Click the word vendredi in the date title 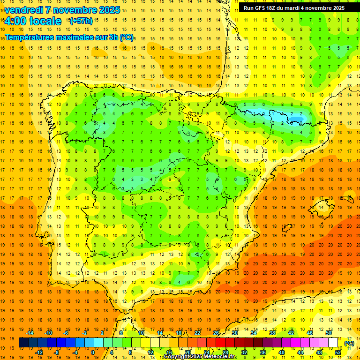coord(23,10)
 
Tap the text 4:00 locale coord(33,21)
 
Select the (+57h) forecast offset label coord(81,21)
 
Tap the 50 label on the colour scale coord(328,333)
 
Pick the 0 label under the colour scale coord(93,352)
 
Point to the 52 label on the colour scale coord(337,352)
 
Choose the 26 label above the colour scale coord(216,333)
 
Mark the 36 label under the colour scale coord(263,352)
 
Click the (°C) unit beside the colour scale coord(349,343)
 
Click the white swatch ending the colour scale coord(333,343)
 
